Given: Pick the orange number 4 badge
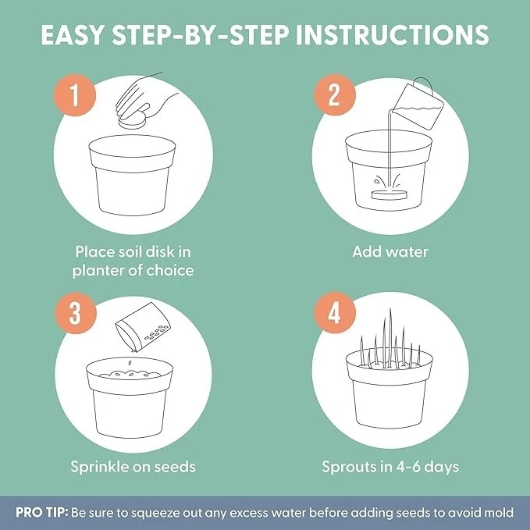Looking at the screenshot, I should (332, 313).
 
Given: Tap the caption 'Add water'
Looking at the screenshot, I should (390, 251).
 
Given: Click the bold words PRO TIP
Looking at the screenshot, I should (41, 513).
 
